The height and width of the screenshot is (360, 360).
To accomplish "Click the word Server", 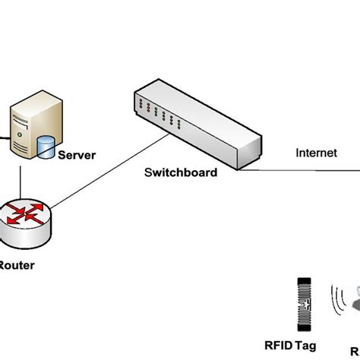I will pyautogui.click(x=77, y=156).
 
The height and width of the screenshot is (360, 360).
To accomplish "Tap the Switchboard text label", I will pyautogui.click(x=181, y=172).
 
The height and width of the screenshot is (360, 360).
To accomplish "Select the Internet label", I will pyautogui.click(x=316, y=153).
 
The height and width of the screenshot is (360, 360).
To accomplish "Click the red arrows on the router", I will pyautogui.click(x=25, y=216).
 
